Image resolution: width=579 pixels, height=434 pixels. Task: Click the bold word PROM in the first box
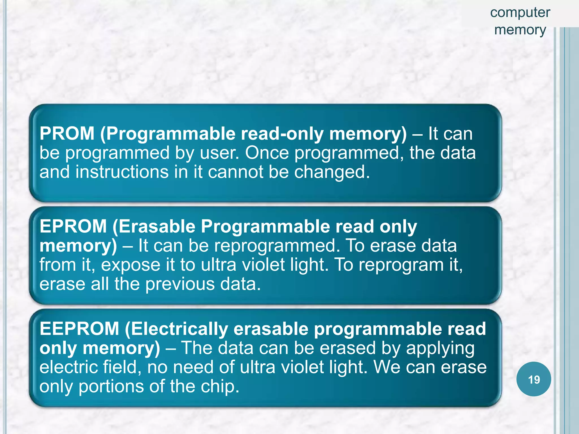67,133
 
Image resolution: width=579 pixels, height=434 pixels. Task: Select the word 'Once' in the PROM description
267,153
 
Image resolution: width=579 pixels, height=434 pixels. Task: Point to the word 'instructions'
122,172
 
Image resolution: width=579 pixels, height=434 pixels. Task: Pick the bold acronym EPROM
73,226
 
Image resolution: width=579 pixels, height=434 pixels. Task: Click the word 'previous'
180,284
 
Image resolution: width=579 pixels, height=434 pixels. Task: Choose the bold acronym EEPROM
79,329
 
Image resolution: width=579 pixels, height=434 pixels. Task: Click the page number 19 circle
533,379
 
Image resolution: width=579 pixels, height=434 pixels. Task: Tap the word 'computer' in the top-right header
520,13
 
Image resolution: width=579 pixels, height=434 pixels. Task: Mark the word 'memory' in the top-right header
520,30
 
